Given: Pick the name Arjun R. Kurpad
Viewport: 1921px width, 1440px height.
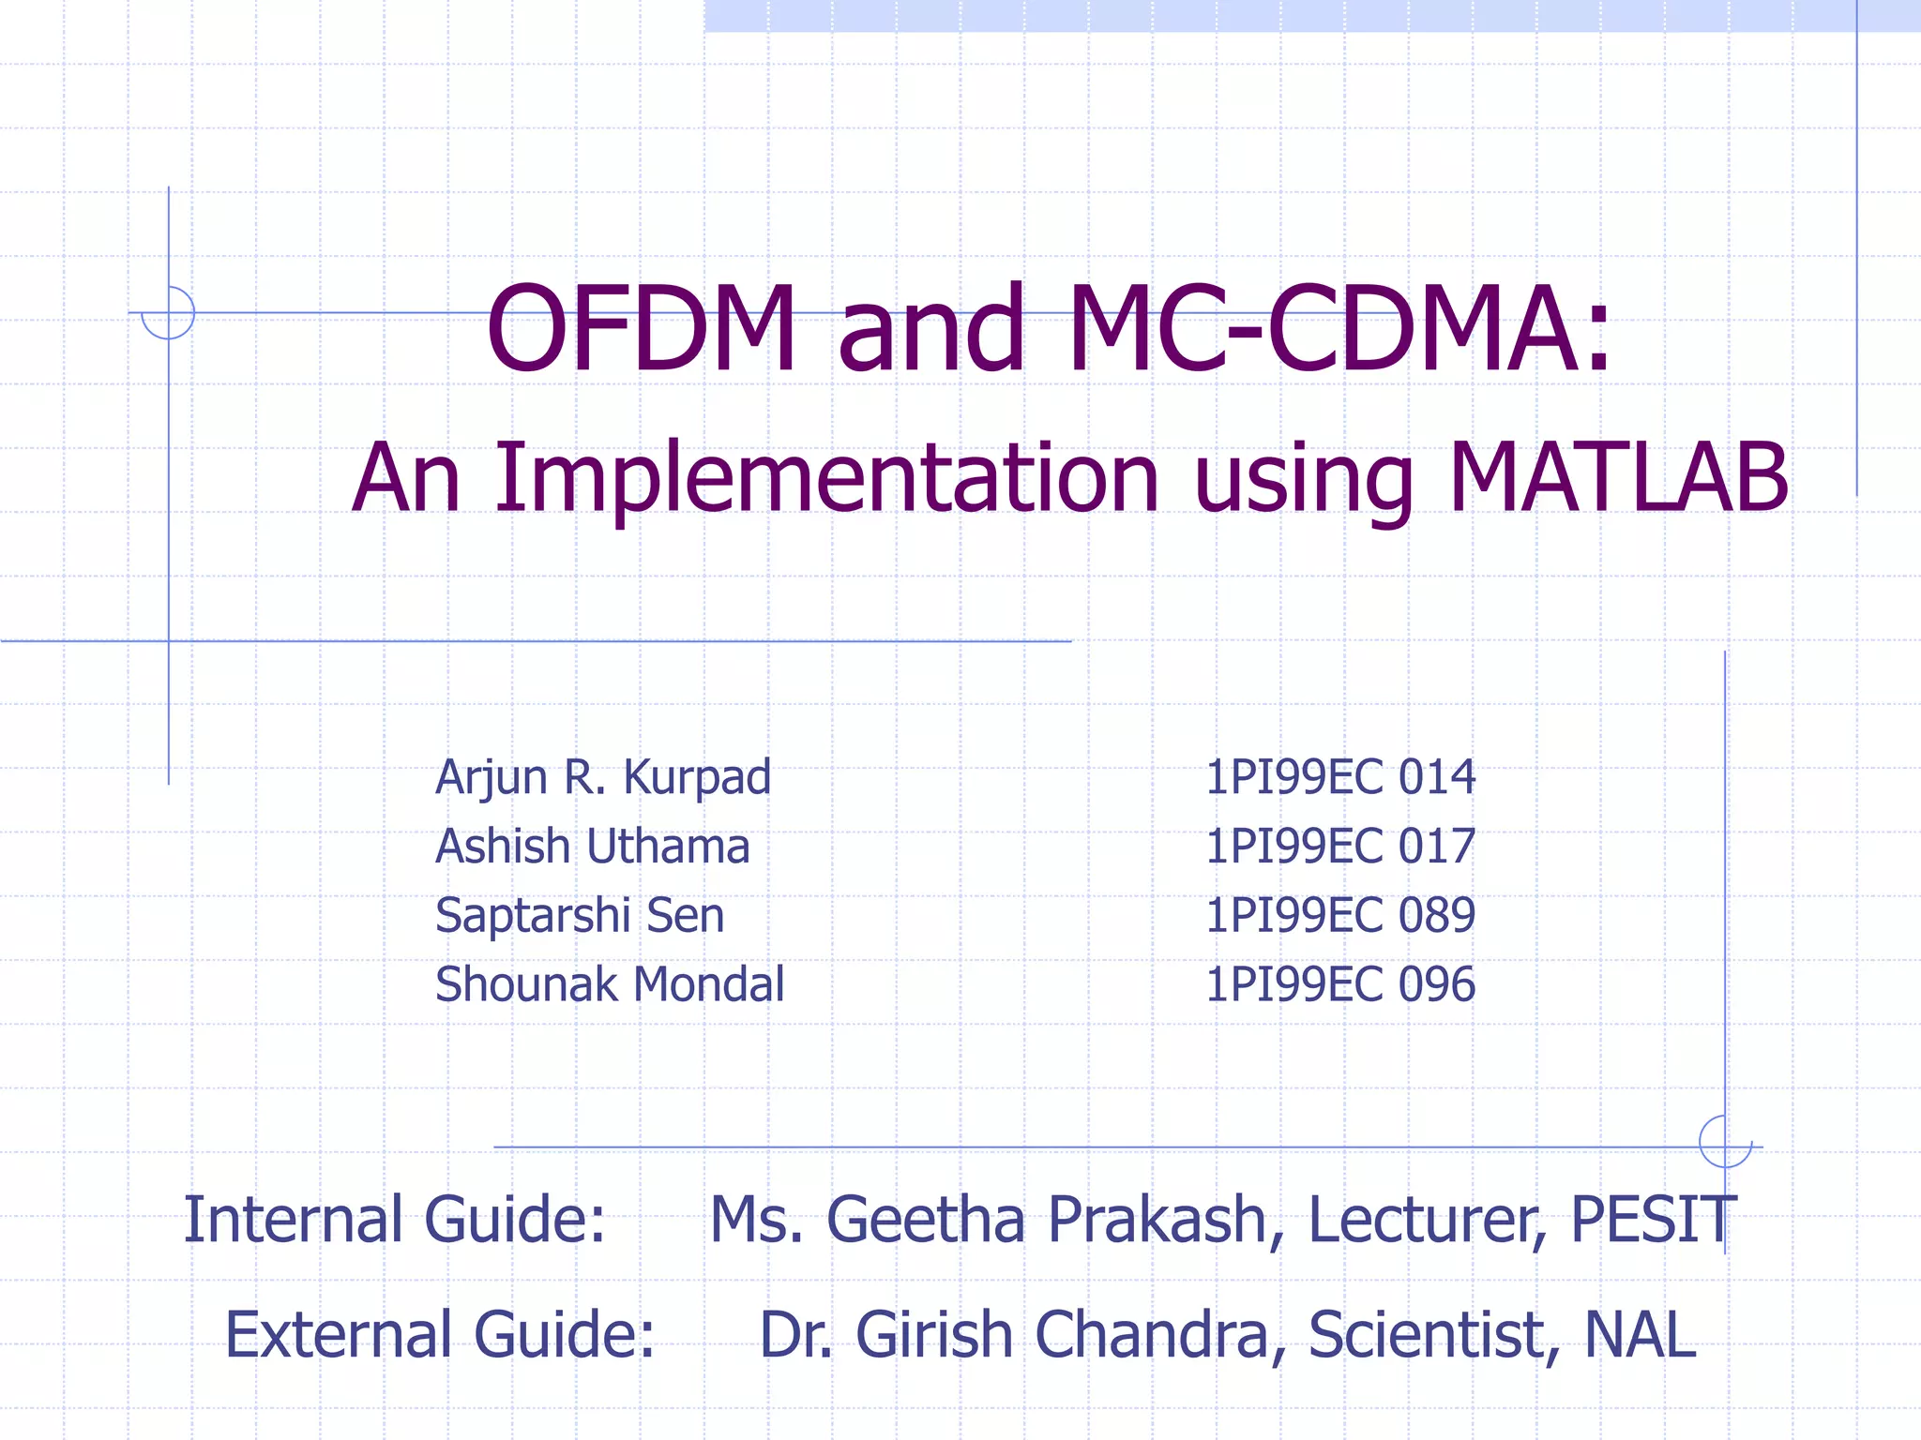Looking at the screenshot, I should pyautogui.click(x=603, y=778).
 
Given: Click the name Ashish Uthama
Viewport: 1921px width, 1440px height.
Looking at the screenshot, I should pyautogui.click(x=593, y=847).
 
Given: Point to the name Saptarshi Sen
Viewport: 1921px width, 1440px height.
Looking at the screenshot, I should pyautogui.click(x=580, y=916).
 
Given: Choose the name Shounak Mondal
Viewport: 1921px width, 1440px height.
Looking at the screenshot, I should pyautogui.click(x=610, y=985).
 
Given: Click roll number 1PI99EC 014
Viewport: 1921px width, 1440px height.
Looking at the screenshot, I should pyautogui.click(x=1339, y=777).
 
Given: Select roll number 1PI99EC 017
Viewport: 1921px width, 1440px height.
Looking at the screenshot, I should pyautogui.click(x=1339, y=847).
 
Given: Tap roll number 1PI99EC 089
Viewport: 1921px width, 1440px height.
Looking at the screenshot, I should pyautogui.click(x=1339, y=916).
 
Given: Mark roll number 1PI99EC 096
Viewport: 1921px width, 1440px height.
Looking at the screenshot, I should pyautogui.click(x=1339, y=985).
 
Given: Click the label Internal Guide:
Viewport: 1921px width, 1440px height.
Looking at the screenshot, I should pyautogui.click(x=394, y=1221).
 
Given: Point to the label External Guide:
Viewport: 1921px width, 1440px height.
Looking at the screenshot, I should pyautogui.click(x=439, y=1335).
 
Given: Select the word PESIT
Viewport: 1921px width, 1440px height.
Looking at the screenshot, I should pyautogui.click(x=1653, y=1221).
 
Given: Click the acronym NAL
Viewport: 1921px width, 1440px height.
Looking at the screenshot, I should pyautogui.click(x=1640, y=1335).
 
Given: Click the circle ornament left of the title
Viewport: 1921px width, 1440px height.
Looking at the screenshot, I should pyautogui.click(x=168, y=312).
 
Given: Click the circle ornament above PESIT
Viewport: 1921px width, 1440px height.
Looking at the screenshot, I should pyautogui.click(x=1725, y=1142).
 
